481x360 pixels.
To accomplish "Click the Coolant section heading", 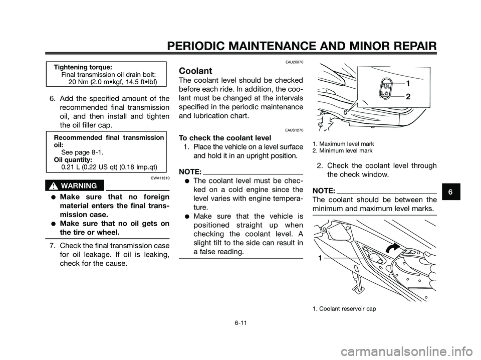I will tap(192, 71).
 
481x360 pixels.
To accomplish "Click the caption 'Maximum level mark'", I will tap(343, 144).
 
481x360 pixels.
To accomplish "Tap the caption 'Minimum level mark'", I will tap(342, 150).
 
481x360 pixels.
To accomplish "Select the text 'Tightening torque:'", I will tap(83, 66).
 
